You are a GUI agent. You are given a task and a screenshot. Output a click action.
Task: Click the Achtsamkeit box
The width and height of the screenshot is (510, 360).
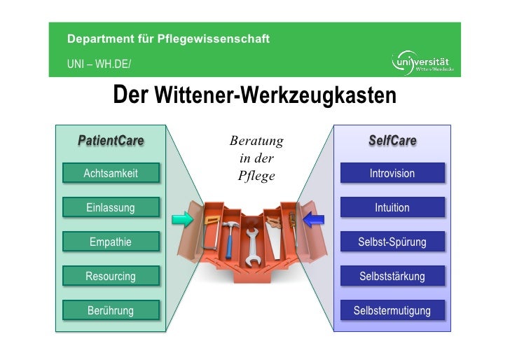[111, 174]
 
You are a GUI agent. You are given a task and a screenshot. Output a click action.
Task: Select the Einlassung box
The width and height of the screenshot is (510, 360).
[111, 207]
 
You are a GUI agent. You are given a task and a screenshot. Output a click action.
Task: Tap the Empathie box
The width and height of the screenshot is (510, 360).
[111, 242]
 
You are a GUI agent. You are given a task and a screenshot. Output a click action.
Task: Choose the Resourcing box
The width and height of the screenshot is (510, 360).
[111, 276]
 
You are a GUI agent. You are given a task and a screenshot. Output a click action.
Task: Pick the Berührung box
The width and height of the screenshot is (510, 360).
[111, 310]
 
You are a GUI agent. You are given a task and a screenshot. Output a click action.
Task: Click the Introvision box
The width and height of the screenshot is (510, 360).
[392, 174]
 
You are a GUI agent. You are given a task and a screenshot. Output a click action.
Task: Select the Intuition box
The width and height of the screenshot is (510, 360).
[392, 207]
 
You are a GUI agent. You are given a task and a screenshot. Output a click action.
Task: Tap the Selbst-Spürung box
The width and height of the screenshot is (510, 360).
[392, 242]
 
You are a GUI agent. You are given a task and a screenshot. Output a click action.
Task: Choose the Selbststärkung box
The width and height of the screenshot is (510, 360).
[392, 276]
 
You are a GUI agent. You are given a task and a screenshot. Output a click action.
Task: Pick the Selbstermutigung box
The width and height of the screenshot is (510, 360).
[392, 310]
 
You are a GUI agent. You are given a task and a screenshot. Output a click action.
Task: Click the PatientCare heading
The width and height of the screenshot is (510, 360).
[111, 141]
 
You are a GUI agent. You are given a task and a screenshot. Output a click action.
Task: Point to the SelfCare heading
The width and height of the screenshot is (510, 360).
[392, 141]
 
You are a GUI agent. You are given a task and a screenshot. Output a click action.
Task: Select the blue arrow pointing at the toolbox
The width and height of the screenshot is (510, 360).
[313, 219]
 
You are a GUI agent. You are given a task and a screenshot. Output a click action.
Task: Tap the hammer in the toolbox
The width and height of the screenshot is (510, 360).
[229, 235]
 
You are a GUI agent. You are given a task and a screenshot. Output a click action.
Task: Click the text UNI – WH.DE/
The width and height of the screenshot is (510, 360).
[99, 65]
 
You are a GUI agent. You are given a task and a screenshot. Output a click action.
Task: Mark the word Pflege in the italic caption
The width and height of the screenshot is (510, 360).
[256, 176]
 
